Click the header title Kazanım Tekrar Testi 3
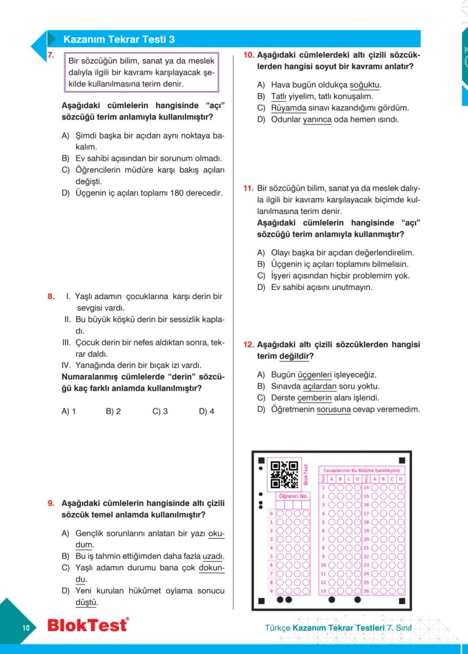point(119,39)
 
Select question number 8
point(50,296)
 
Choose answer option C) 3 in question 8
point(160,412)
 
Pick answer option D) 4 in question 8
point(206,412)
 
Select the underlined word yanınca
point(317,120)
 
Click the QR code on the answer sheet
point(284,474)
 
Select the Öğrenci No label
point(292,496)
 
